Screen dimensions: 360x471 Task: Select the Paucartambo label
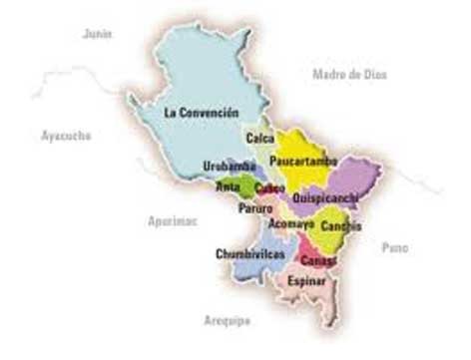303,162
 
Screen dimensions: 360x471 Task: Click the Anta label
229,186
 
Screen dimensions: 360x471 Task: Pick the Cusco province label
269,187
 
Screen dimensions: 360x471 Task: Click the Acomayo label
291,224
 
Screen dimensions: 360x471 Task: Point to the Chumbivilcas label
250,254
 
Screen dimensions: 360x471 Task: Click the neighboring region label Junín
98,34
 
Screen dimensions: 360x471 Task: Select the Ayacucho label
66,135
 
